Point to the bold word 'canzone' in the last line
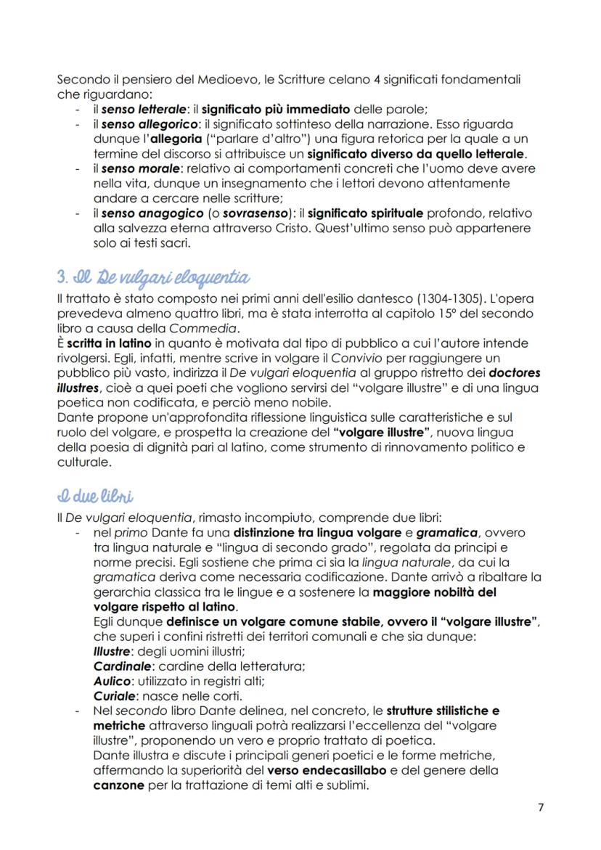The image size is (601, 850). pos(119,785)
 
